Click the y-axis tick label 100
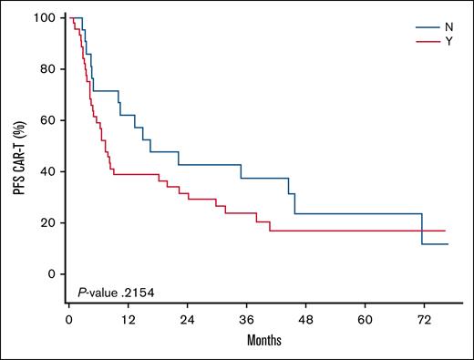pos(46,18)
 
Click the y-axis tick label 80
pos(48,69)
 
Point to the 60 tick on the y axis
pos(48,120)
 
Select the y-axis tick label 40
pos(48,171)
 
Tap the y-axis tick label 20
pos(48,222)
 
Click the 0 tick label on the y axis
pos(51,273)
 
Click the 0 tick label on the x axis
pos(69,321)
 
